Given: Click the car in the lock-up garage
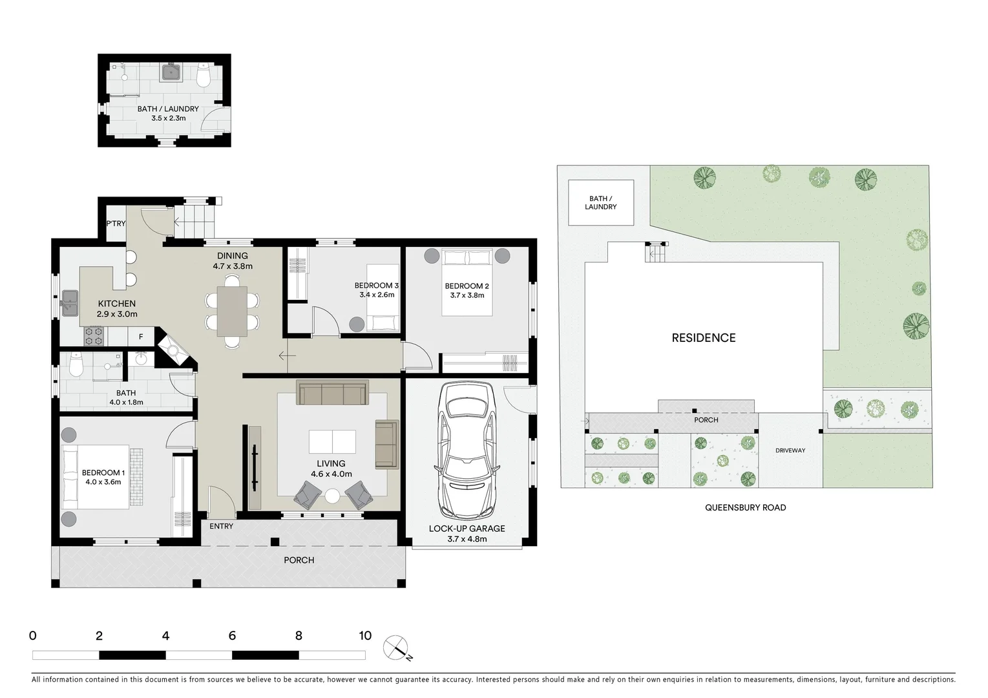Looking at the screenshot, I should pyautogui.click(x=467, y=450).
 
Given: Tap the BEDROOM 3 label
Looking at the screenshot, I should pyautogui.click(x=376, y=286).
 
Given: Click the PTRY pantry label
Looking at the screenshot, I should pyautogui.click(x=116, y=224).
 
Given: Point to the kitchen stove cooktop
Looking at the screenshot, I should pyautogui.click(x=94, y=336).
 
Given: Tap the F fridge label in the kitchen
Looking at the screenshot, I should pyautogui.click(x=141, y=337).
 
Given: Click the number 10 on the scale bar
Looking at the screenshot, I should pyautogui.click(x=365, y=636).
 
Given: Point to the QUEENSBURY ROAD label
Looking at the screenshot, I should pyautogui.click(x=745, y=508).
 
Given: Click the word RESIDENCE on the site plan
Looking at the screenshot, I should pyautogui.click(x=703, y=338).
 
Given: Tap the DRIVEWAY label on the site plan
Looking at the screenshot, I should pyautogui.click(x=790, y=450).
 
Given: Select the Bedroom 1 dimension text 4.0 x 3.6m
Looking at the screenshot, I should pyautogui.click(x=103, y=482).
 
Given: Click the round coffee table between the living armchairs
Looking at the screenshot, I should pyautogui.click(x=332, y=496).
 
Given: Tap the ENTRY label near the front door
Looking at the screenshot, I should pyautogui.click(x=221, y=527).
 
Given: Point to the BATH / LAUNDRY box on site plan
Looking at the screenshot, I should pyautogui.click(x=600, y=203).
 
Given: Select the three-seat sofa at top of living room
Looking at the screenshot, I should pyautogui.click(x=332, y=393).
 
